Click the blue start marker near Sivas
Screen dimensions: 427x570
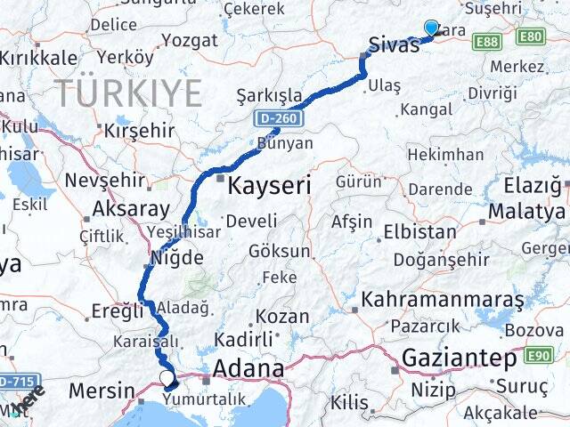(x=431, y=28)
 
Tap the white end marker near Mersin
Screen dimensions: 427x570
(x=167, y=379)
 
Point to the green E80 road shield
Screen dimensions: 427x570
(x=531, y=37)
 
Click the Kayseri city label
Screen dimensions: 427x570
(x=269, y=186)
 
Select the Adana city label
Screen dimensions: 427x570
(x=248, y=367)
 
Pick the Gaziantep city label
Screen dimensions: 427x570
(x=459, y=359)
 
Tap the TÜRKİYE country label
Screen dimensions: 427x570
(x=128, y=93)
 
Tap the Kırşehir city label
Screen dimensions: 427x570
(x=138, y=130)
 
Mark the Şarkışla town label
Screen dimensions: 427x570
(x=269, y=95)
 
